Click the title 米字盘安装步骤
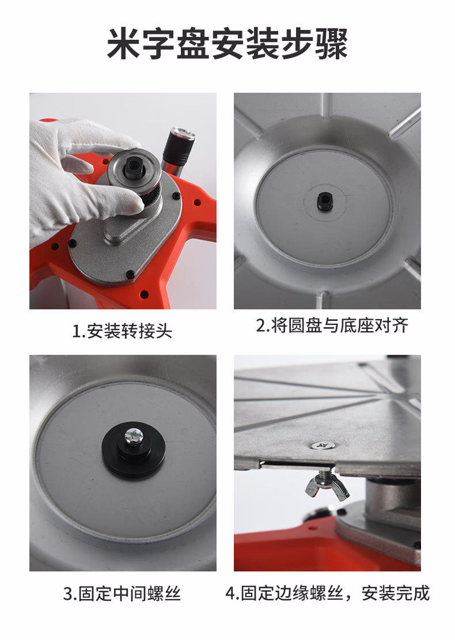[x=227, y=44]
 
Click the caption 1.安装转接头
[x=122, y=331]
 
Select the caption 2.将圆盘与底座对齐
[x=332, y=325]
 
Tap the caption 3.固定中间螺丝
[x=122, y=593]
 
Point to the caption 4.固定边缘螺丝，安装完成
[x=328, y=593]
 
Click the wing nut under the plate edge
[x=327, y=486]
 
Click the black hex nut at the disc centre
[x=325, y=200]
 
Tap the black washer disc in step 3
[x=133, y=449]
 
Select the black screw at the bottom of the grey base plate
[x=131, y=274]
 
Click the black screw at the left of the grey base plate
[x=72, y=244]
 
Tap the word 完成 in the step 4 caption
[x=413, y=593]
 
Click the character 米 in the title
[x=124, y=44]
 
